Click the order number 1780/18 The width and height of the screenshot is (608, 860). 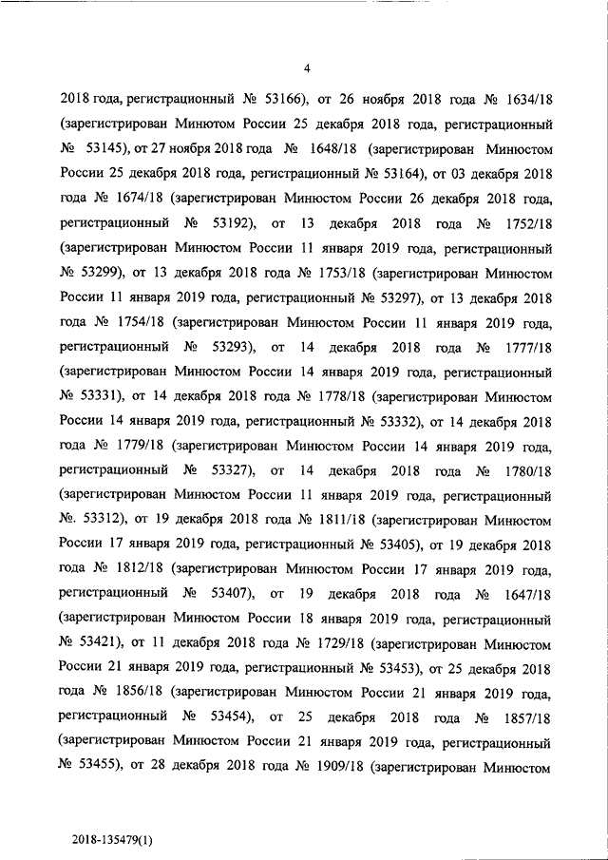click(524, 469)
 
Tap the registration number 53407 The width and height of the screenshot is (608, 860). click(224, 593)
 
